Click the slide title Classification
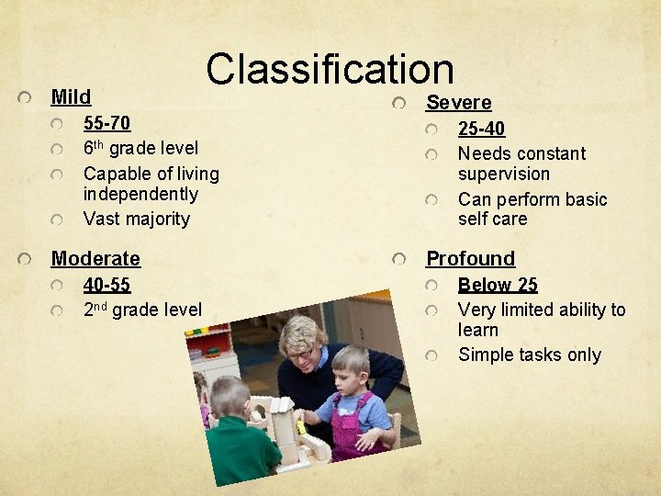tap(330, 70)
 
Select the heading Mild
tap(71, 96)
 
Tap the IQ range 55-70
tap(106, 124)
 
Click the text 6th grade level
tap(140, 148)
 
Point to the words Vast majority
tap(136, 219)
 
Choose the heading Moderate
tap(95, 258)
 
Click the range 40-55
tap(106, 285)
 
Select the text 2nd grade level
tap(141, 310)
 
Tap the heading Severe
tap(458, 103)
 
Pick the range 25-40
tap(481, 130)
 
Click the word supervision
tap(503, 174)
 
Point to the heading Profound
tap(470, 258)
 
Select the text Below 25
tap(498, 285)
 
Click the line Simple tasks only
tap(529, 355)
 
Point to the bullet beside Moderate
tap(30, 258)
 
